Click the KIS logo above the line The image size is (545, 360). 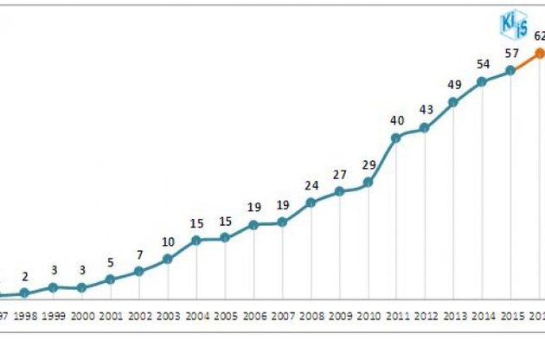(x=514, y=25)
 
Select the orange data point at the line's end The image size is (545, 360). (x=539, y=53)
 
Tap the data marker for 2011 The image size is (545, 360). (x=396, y=137)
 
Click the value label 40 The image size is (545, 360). (x=396, y=120)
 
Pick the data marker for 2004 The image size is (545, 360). (x=196, y=239)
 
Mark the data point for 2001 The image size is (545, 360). (x=111, y=279)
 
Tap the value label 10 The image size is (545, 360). (x=168, y=241)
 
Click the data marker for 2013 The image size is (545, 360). (x=453, y=102)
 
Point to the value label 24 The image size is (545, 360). (x=311, y=185)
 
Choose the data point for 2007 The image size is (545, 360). (x=282, y=222)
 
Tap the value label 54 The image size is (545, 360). (x=482, y=65)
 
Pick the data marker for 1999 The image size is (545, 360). (x=54, y=286)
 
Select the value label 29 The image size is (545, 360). (x=368, y=164)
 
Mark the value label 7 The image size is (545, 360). (x=139, y=254)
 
